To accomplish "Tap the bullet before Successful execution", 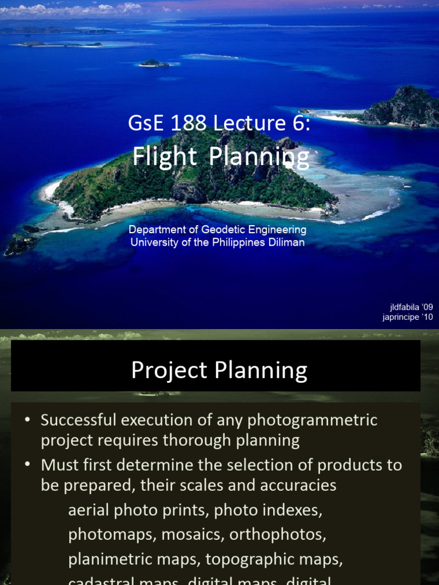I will pyautogui.click(x=27, y=420).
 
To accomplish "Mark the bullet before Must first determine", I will pyautogui.click(x=27, y=466).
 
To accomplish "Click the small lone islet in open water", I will pyautogui.click(x=154, y=63).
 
